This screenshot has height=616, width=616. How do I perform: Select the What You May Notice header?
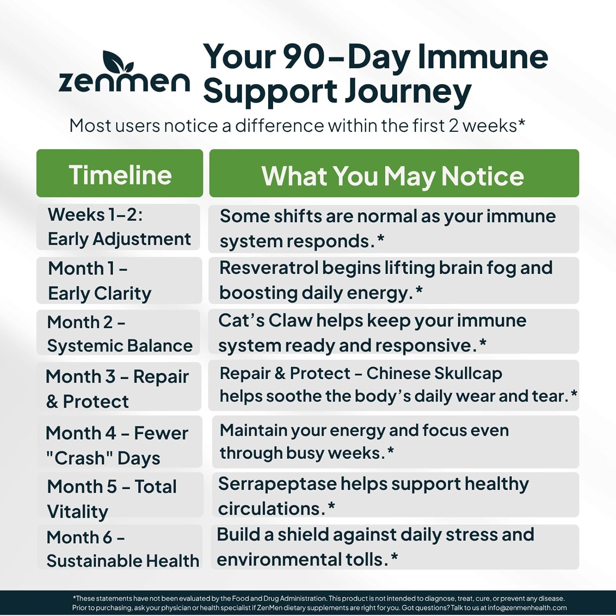(x=393, y=176)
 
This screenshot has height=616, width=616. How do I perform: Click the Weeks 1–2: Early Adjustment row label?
(x=119, y=227)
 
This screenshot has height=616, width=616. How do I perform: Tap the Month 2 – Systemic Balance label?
(x=120, y=334)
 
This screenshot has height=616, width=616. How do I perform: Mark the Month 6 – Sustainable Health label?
(x=122, y=549)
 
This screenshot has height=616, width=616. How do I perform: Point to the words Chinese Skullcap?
(x=434, y=374)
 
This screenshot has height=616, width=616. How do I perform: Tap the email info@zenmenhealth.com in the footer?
(x=527, y=608)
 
